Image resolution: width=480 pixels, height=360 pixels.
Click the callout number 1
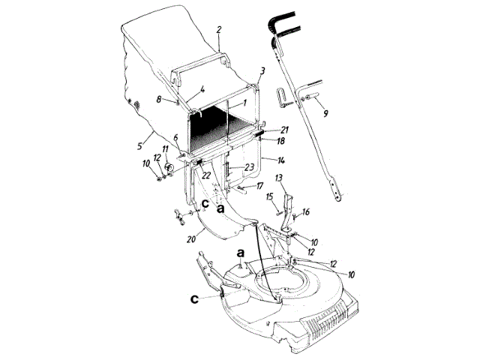[244, 99]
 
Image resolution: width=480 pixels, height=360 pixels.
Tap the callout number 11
[165, 149]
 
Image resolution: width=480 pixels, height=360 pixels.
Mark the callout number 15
[268, 196]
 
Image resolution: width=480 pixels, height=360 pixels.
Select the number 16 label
[305, 213]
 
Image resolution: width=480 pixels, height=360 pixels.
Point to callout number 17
[260, 184]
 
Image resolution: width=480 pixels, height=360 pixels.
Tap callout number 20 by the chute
[191, 241]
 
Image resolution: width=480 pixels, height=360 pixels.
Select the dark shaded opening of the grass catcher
[210, 126]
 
